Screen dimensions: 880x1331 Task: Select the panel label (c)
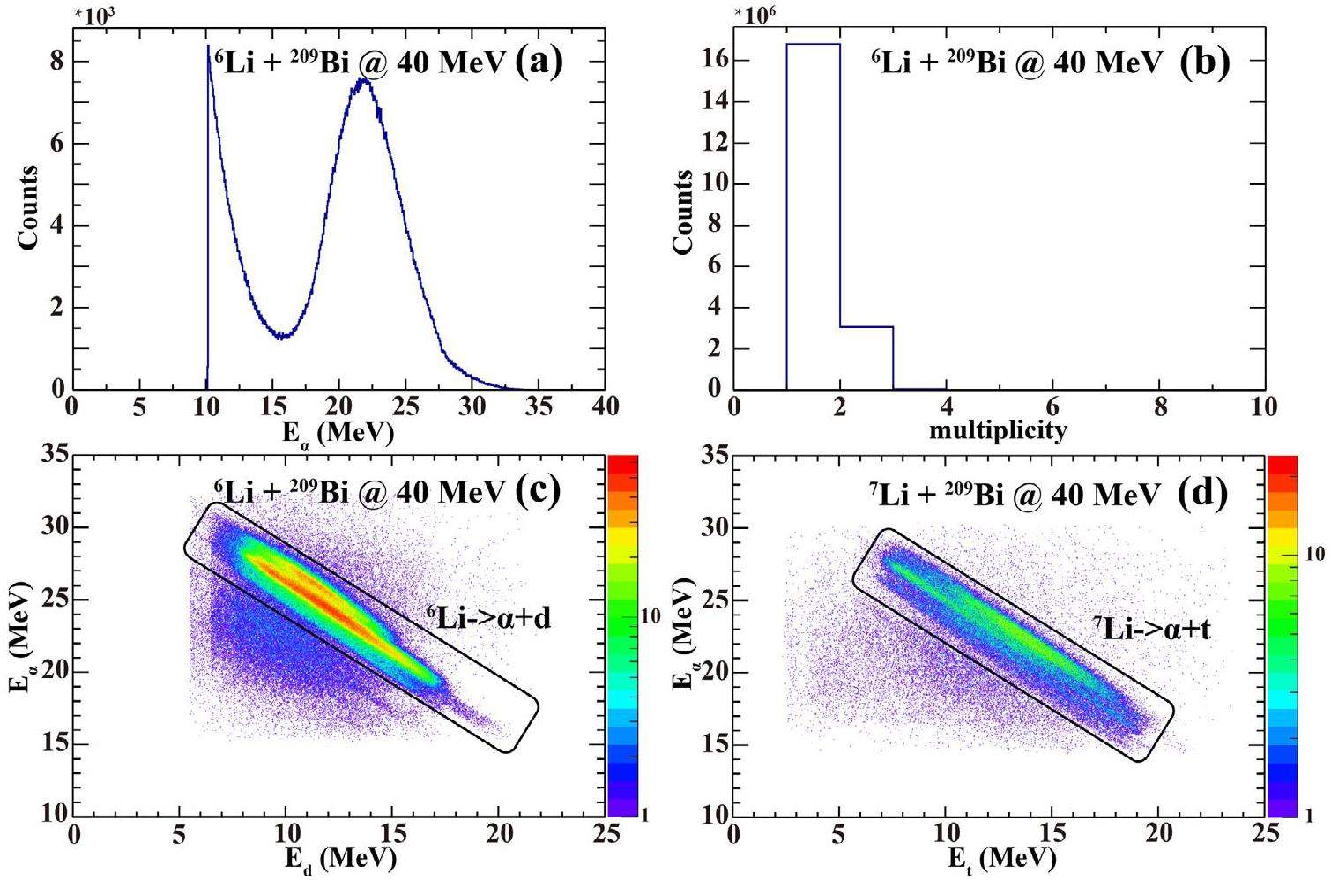tap(537, 489)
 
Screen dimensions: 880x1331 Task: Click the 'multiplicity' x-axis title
tap(998, 430)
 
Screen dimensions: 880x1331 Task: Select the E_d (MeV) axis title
tap(338, 858)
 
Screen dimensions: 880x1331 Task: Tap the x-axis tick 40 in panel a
tap(605, 406)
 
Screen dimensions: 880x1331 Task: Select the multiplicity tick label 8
tap(1160, 406)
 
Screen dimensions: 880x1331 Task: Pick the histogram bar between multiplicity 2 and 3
tap(866, 358)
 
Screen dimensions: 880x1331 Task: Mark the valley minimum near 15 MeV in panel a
tap(280, 336)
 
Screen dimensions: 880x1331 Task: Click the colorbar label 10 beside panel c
tap(651, 616)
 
